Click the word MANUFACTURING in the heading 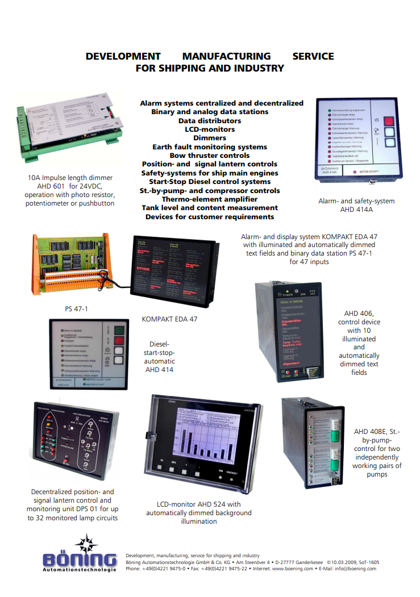point(226,56)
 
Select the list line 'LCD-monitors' point(210,130)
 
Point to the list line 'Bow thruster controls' point(210,156)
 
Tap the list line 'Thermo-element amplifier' point(210,199)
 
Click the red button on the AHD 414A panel point(388,121)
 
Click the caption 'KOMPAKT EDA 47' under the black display point(170,319)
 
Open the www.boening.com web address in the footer point(293,569)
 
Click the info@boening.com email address point(356,569)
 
